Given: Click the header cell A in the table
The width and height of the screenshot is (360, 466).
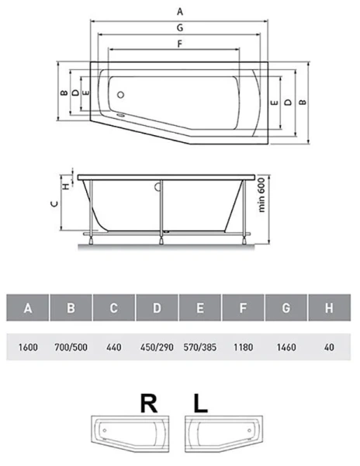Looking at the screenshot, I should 28,308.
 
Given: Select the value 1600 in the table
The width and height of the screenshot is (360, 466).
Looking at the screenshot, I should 28,347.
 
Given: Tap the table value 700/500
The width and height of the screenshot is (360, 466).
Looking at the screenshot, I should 71,347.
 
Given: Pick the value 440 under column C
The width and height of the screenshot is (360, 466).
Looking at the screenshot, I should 113,347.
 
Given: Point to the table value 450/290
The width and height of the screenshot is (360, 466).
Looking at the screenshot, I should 156,347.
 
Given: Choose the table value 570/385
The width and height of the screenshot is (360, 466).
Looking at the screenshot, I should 199,347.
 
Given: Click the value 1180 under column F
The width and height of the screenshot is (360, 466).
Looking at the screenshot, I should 243,347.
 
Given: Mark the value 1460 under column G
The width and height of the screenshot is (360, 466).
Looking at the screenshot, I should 286,347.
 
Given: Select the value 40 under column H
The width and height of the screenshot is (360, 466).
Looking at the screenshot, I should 329,347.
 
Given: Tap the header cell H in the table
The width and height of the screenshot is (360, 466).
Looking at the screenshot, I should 329,308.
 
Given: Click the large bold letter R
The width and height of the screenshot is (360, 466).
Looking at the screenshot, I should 147,404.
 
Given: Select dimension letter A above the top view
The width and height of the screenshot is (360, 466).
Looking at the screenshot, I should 180,11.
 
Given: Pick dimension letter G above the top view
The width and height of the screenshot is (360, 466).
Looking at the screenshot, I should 180,27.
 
